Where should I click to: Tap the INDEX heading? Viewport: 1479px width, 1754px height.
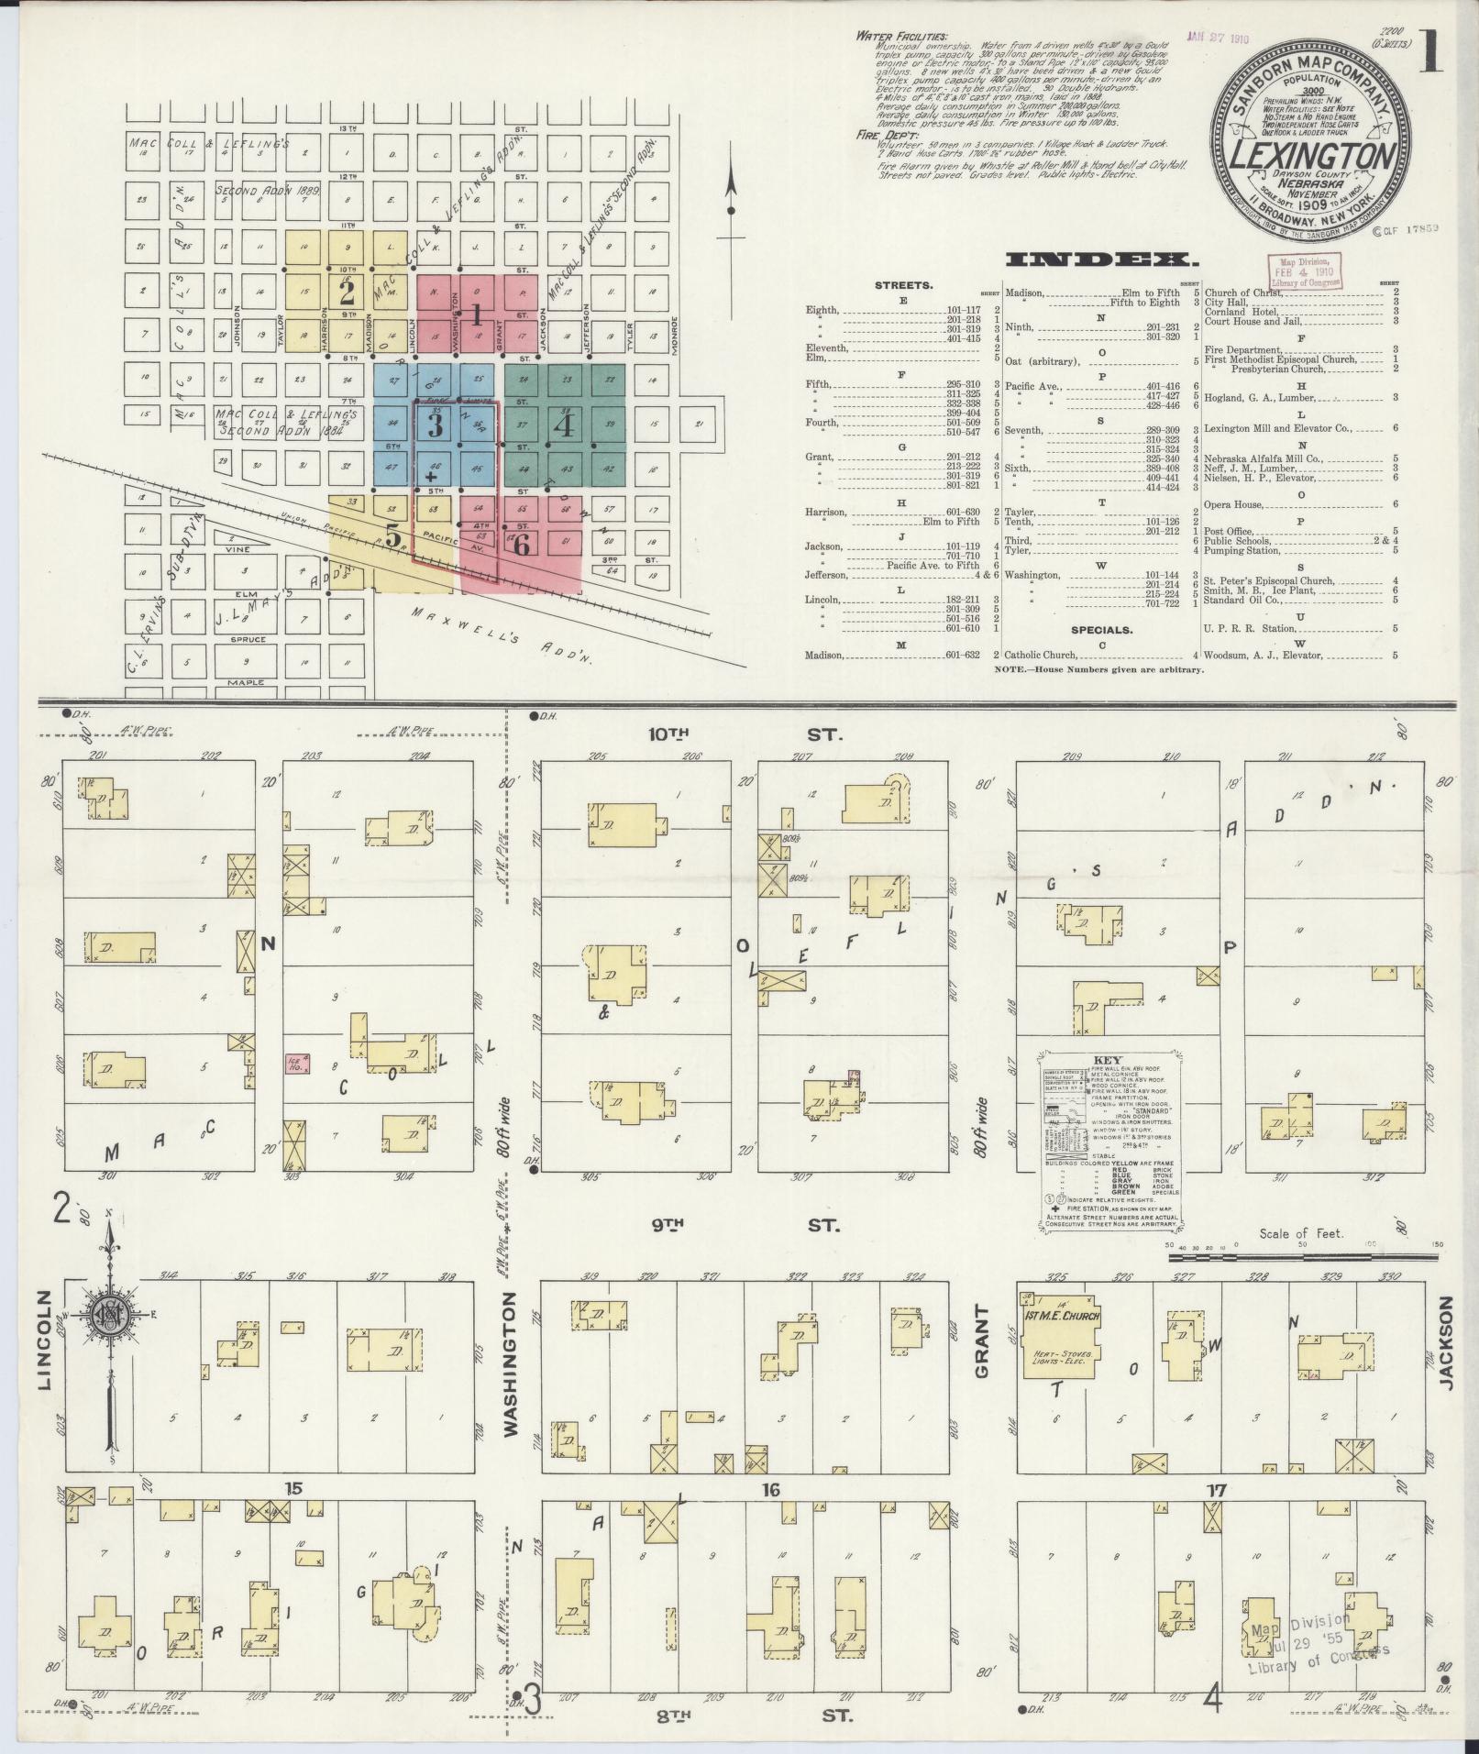tap(1098, 259)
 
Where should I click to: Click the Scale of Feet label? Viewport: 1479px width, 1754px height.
tap(1301, 1233)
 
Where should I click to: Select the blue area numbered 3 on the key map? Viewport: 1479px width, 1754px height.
tap(436, 426)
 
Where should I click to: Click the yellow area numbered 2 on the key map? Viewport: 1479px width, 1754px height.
tap(347, 293)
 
